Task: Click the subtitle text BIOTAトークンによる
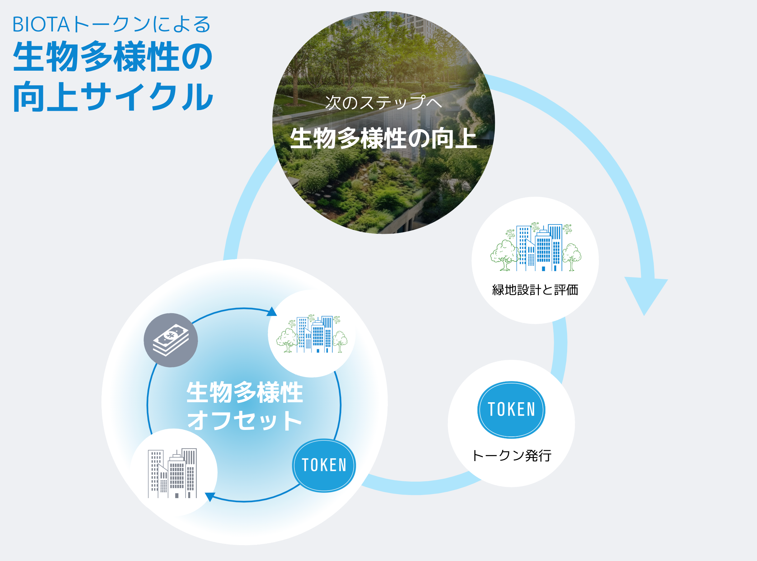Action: click(x=111, y=25)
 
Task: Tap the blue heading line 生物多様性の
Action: click(x=113, y=57)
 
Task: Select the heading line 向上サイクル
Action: click(x=113, y=97)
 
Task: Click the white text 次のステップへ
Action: click(x=383, y=102)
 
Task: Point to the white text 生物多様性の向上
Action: click(x=383, y=138)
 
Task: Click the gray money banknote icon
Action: click(x=171, y=340)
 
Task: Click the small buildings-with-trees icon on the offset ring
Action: click(x=312, y=334)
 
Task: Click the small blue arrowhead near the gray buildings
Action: click(x=210, y=496)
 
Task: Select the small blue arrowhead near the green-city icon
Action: click(x=272, y=312)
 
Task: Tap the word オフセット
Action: click(x=244, y=420)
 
